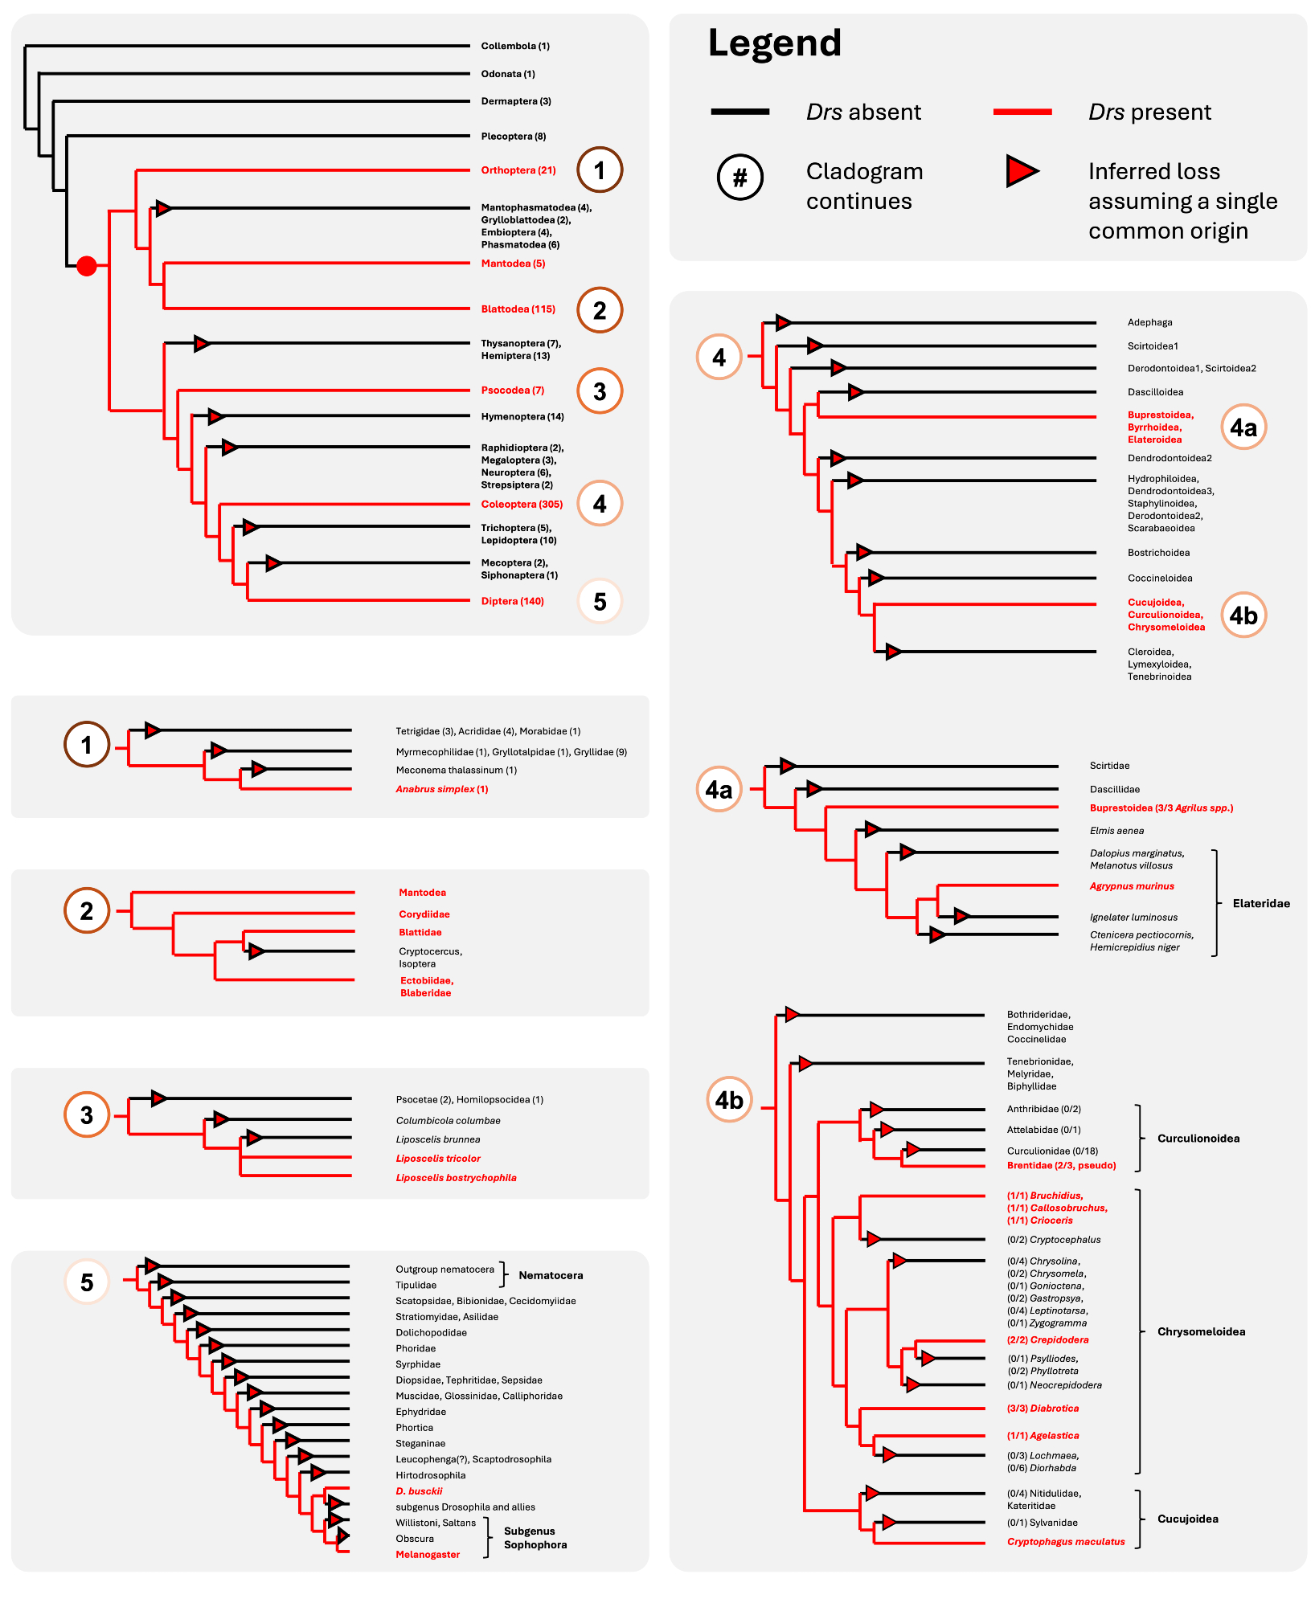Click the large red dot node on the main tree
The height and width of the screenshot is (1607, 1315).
coord(87,265)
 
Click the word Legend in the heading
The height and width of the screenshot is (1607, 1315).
coord(774,43)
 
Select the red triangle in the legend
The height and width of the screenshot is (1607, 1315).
coord(1022,171)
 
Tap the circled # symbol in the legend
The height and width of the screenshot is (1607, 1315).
coord(739,177)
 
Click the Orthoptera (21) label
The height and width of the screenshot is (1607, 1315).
coord(518,170)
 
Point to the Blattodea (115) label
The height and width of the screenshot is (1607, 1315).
coord(518,309)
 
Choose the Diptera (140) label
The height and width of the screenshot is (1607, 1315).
coord(512,601)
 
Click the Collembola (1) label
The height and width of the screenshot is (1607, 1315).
coord(515,47)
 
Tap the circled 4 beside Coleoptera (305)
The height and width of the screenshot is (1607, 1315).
coord(600,504)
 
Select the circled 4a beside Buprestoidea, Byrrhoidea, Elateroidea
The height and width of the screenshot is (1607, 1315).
coord(1243,427)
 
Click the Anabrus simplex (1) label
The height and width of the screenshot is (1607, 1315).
coord(442,789)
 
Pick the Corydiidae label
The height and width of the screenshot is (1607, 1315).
coord(424,914)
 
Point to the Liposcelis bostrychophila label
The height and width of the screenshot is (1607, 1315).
coord(456,1178)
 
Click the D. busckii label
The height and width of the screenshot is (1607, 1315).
coord(419,1491)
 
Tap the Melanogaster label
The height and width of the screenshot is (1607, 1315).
coord(428,1555)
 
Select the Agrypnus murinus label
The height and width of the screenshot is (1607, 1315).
coord(1132,886)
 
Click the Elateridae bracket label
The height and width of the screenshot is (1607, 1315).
coord(1261,904)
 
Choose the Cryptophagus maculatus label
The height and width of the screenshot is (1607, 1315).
coord(1066,1542)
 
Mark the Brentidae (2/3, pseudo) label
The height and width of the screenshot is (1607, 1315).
coord(1061,1166)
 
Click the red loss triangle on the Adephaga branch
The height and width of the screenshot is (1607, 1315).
coord(784,323)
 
